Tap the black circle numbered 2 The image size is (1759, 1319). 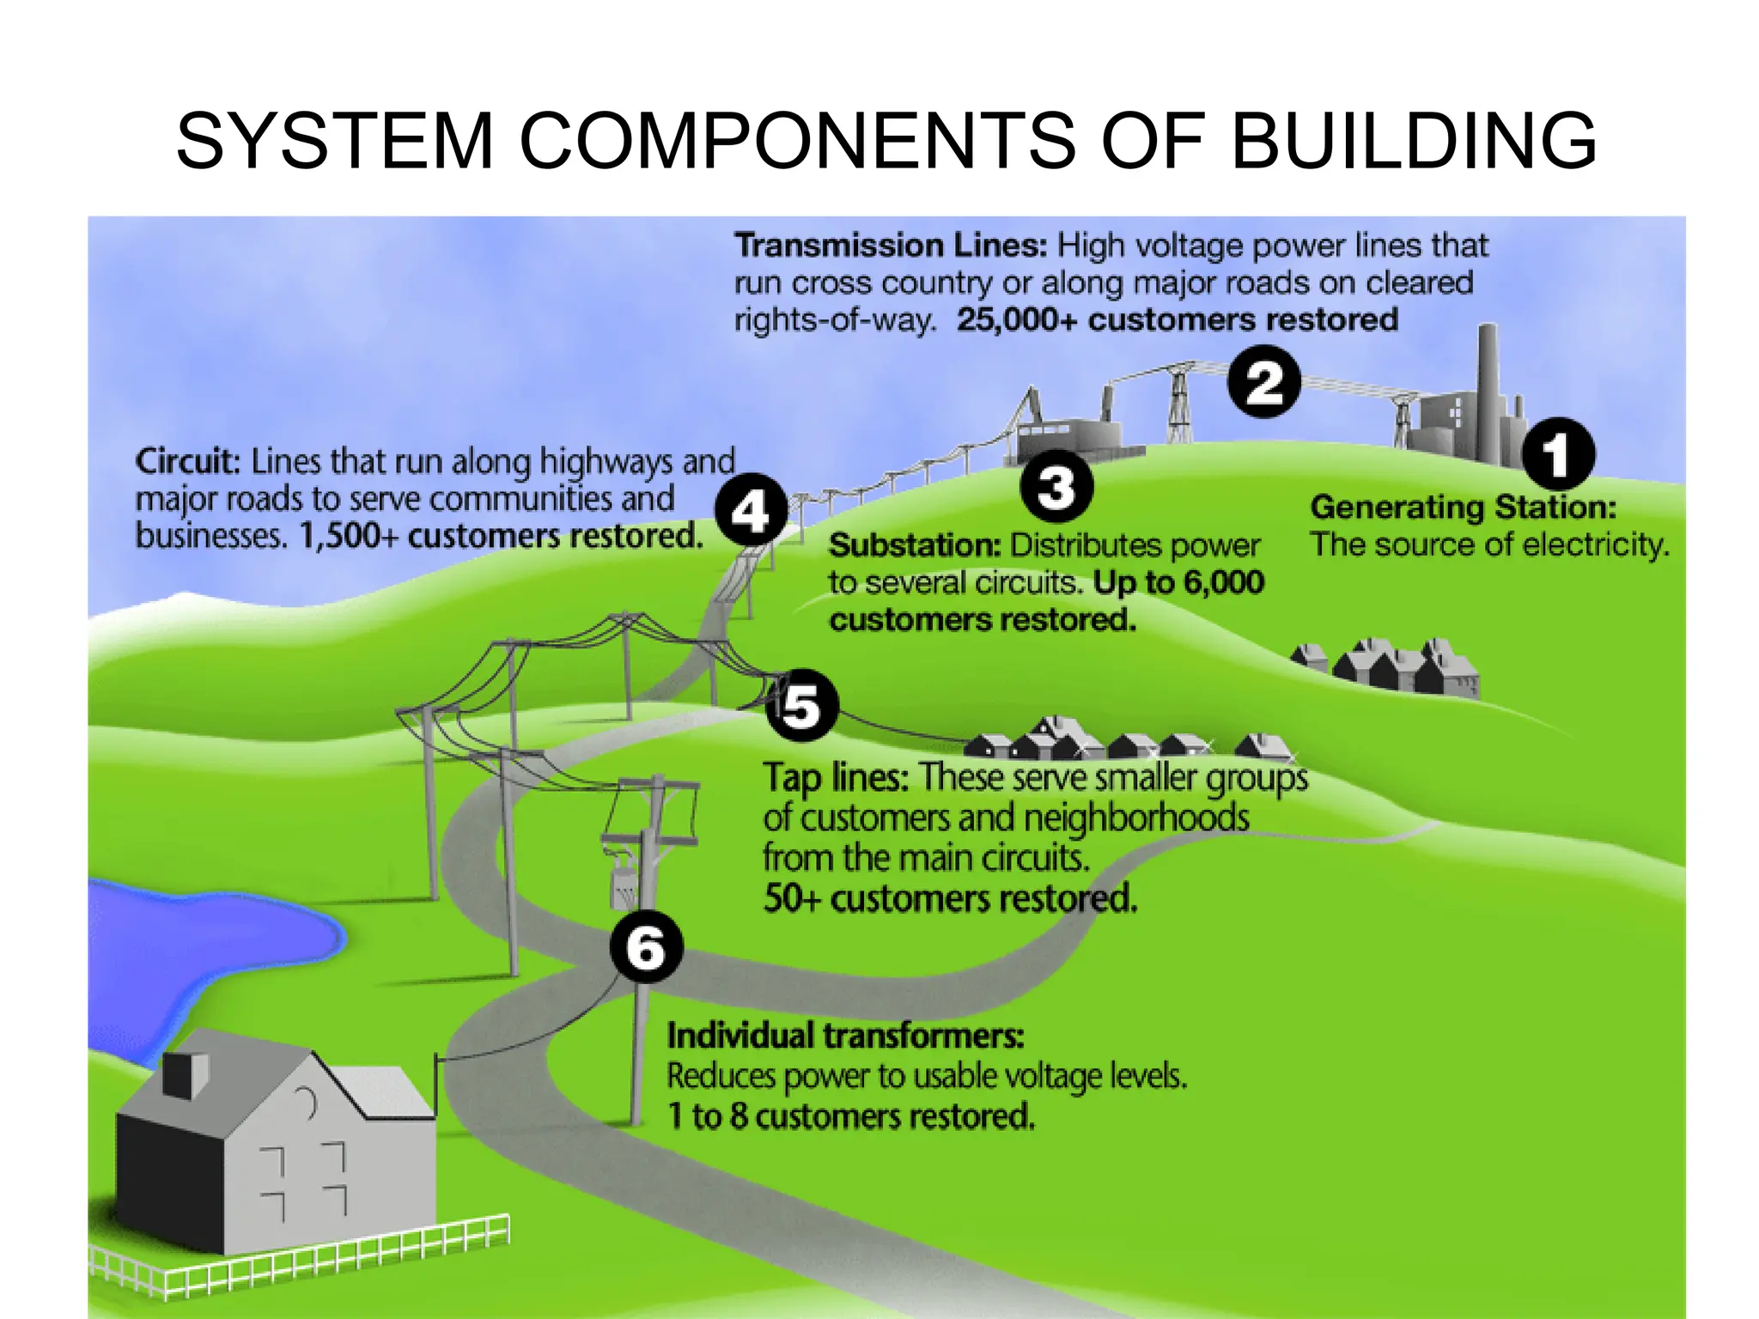(x=1263, y=382)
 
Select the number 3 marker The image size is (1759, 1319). (x=1056, y=487)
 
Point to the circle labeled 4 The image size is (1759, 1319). (x=752, y=511)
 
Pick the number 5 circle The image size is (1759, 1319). (x=801, y=705)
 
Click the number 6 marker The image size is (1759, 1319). (x=646, y=947)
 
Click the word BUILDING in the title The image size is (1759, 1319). (x=1414, y=140)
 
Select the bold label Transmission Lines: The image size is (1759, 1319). (x=891, y=246)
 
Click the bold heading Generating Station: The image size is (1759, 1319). (x=1463, y=507)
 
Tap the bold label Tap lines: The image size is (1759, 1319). (x=836, y=778)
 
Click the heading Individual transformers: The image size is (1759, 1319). (x=845, y=1036)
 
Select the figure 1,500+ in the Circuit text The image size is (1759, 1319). (x=348, y=537)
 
